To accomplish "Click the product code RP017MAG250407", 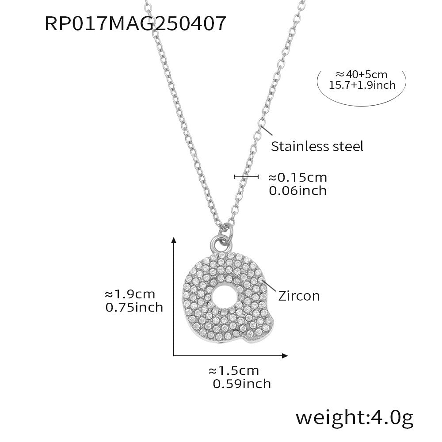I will pos(135,23).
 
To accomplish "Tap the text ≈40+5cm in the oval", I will pos(361,74).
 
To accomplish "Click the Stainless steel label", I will pos(317,146).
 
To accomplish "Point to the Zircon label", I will pos(299,296).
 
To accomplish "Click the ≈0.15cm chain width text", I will pos(297,178).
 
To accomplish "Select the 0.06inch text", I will pos(297,191).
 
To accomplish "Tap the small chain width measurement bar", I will pos(246,177).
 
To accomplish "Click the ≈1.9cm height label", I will pos(130,294).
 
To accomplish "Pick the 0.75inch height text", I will pos(134,307).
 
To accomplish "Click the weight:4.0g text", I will pos(354,416).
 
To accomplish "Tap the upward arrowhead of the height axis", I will pos(174,240).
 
